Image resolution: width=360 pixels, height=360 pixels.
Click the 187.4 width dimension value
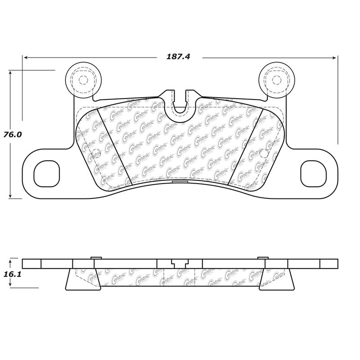180,58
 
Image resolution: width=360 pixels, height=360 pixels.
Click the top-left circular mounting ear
82,80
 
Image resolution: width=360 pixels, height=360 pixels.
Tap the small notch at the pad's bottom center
179,182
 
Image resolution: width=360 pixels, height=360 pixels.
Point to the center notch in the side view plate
179,263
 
